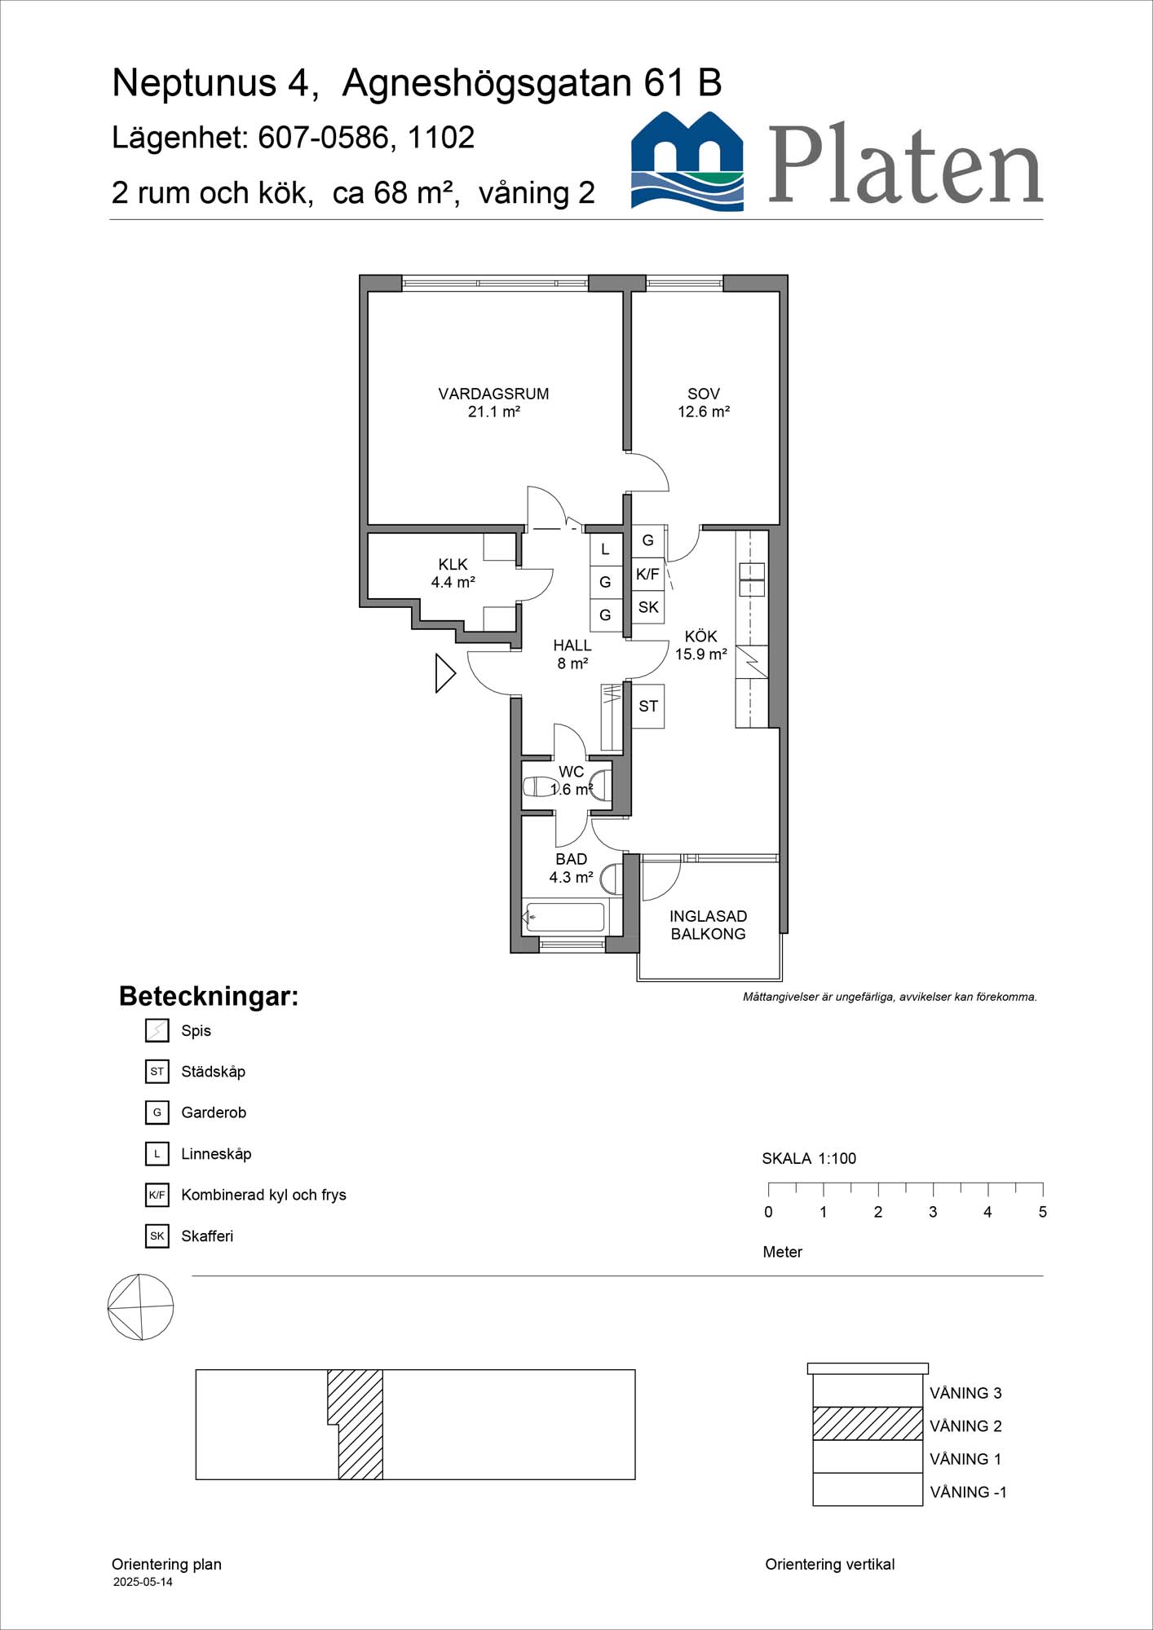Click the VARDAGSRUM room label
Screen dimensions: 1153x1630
coord(493,394)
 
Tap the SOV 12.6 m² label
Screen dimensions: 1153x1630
coord(704,403)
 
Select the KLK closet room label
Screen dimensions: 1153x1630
coord(453,564)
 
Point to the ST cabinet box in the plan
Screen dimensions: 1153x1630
coord(648,706)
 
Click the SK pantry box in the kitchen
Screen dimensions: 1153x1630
coord(648,607)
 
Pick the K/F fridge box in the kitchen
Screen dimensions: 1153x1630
coord(648,575)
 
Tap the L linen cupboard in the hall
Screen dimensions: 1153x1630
coord(605,549)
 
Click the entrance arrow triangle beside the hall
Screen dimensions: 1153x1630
coord(445,673)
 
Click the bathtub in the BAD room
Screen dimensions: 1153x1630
coord(564,917)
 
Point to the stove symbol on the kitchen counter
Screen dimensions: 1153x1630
coord(752,662)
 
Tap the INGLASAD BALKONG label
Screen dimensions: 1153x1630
coord(708,925)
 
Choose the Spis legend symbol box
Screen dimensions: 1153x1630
coord(157,1030)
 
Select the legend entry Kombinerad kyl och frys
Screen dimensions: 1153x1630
coord(263,1195)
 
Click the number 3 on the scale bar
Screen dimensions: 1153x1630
coord(933,1212)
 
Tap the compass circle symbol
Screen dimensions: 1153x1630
coord(141,1307)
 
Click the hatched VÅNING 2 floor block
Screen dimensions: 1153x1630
coord(868,1424)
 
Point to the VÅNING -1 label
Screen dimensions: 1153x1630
coord(969,1492)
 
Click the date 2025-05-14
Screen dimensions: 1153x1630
coord(143,1582)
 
